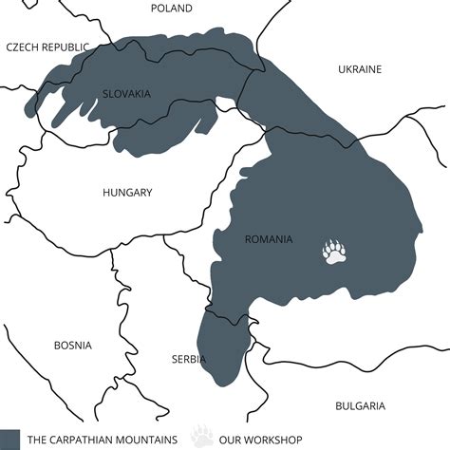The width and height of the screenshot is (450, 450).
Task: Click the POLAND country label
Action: [x=171, y=9]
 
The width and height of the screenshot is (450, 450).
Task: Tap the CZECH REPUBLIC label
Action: [x=47, y=47]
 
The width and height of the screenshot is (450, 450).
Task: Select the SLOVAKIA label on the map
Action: [x=127, y=93]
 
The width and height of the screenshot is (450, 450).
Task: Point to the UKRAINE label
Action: [x=360, y=69]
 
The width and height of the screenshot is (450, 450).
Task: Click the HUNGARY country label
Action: [x=127, y=193]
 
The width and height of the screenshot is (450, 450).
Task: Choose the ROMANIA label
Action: [x=269, y=239]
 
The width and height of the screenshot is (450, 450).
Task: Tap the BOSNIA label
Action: [x=73, y=346]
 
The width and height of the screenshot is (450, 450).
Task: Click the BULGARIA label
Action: [x=361, y=406]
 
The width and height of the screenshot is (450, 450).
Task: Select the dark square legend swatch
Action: [x=10, y=440]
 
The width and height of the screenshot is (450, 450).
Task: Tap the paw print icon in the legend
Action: [x=202, y=438]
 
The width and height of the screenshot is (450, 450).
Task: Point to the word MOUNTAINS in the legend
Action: [x=152, y=441]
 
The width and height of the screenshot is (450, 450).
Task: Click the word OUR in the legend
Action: [x=231, y=441]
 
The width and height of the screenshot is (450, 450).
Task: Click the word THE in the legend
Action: [x=38, y=441]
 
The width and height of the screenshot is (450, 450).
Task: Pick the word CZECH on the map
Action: [x=23, y=47]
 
